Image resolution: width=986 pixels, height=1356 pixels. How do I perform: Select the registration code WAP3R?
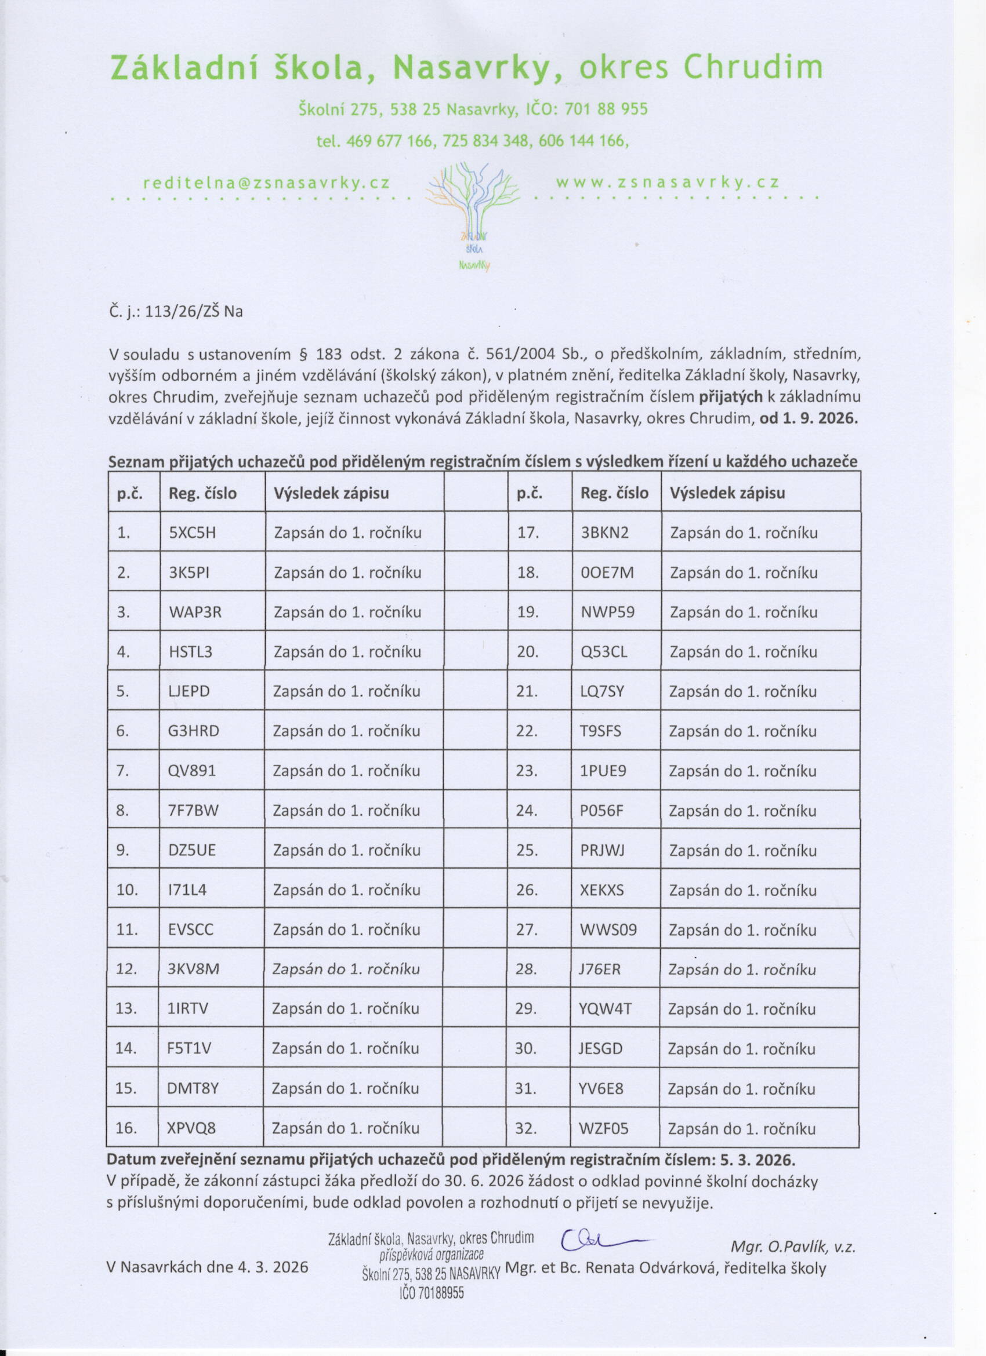click(194, 613)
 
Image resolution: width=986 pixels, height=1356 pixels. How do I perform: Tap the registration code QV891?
click(191, 771)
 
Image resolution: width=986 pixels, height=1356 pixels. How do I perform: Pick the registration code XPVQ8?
click(191, 1128)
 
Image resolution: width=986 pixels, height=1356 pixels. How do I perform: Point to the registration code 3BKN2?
click(604, 533)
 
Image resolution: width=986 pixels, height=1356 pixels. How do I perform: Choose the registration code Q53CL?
click(604, 652)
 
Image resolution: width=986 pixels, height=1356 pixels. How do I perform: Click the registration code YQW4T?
click(605, 1009)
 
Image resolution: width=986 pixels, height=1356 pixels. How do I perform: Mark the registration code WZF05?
click(603, 1129)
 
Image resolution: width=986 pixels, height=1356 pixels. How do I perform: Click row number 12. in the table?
click(126, 968)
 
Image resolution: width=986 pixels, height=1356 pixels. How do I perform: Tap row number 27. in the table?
click(527, 929)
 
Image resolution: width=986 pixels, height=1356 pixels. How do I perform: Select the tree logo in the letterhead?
click(473, 215)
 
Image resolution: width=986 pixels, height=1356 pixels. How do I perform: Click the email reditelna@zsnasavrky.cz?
click(266, 183)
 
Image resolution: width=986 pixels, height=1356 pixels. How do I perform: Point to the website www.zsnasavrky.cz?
click(668, 183)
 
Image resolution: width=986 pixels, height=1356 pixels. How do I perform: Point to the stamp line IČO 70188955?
click(432, 1293)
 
